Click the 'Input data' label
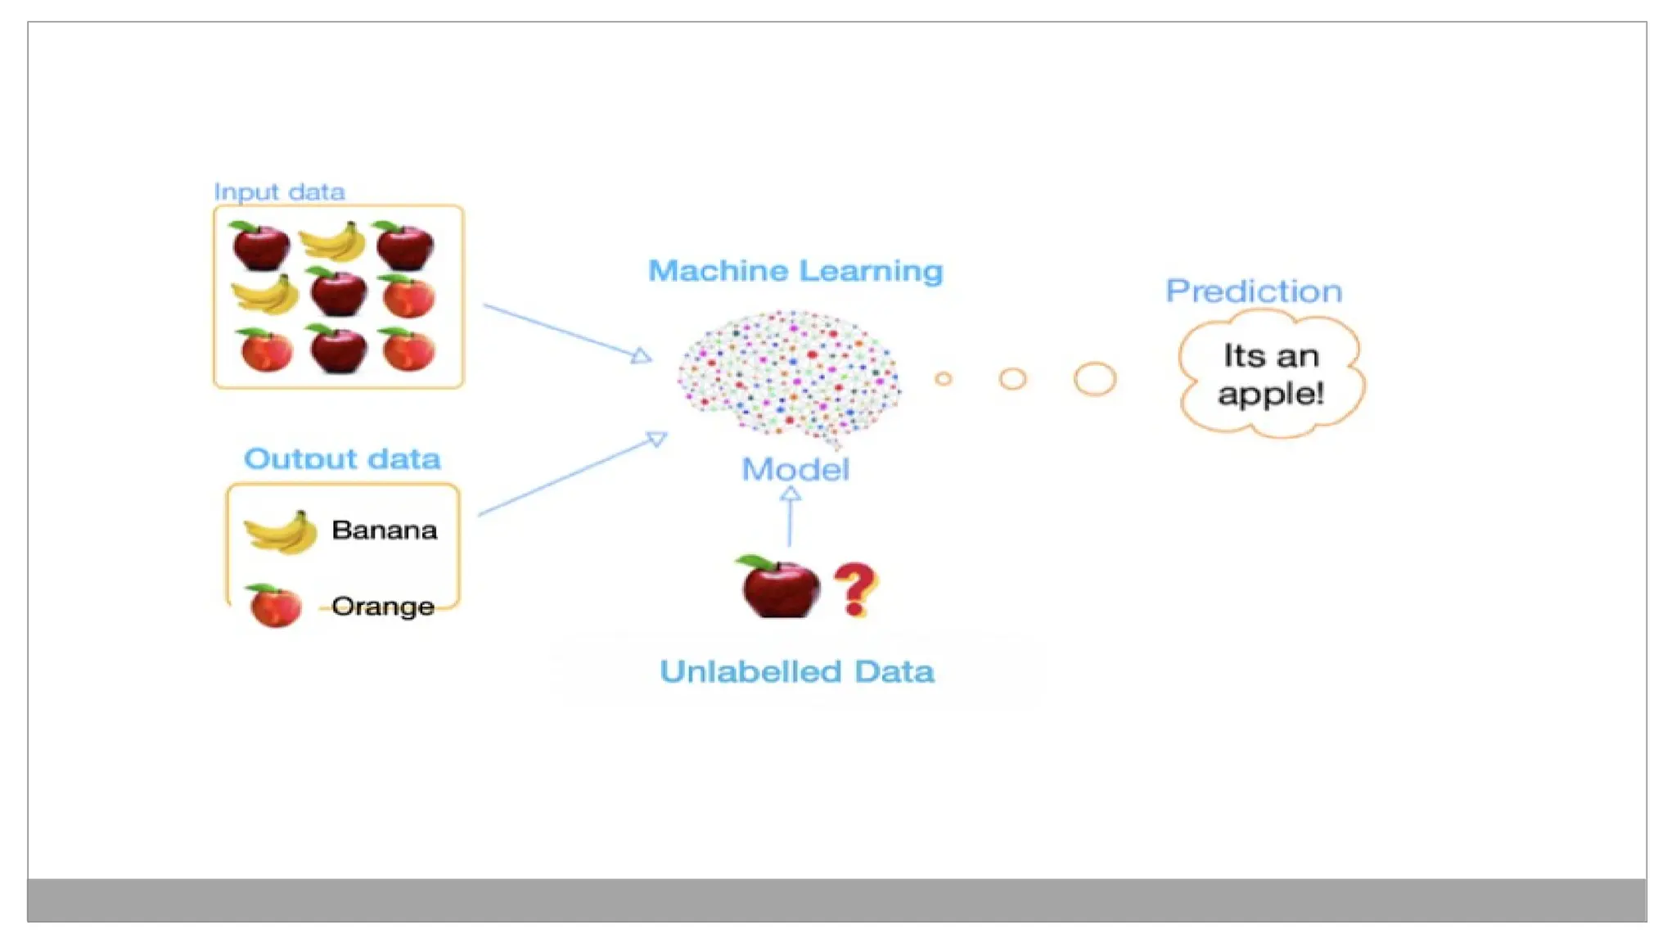279,192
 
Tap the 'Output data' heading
342,458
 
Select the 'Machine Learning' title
795,271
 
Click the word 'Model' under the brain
795,470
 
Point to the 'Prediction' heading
1254,291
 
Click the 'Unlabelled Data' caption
797,672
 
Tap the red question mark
855,589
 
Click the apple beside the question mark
779,588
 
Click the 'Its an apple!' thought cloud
1271,376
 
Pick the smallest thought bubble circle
944,379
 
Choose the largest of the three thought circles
1095,379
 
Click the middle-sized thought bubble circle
1012,379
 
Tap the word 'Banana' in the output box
385,530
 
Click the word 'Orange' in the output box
383,607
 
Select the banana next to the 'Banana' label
282,532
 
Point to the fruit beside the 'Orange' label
274,607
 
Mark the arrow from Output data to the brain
573,475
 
